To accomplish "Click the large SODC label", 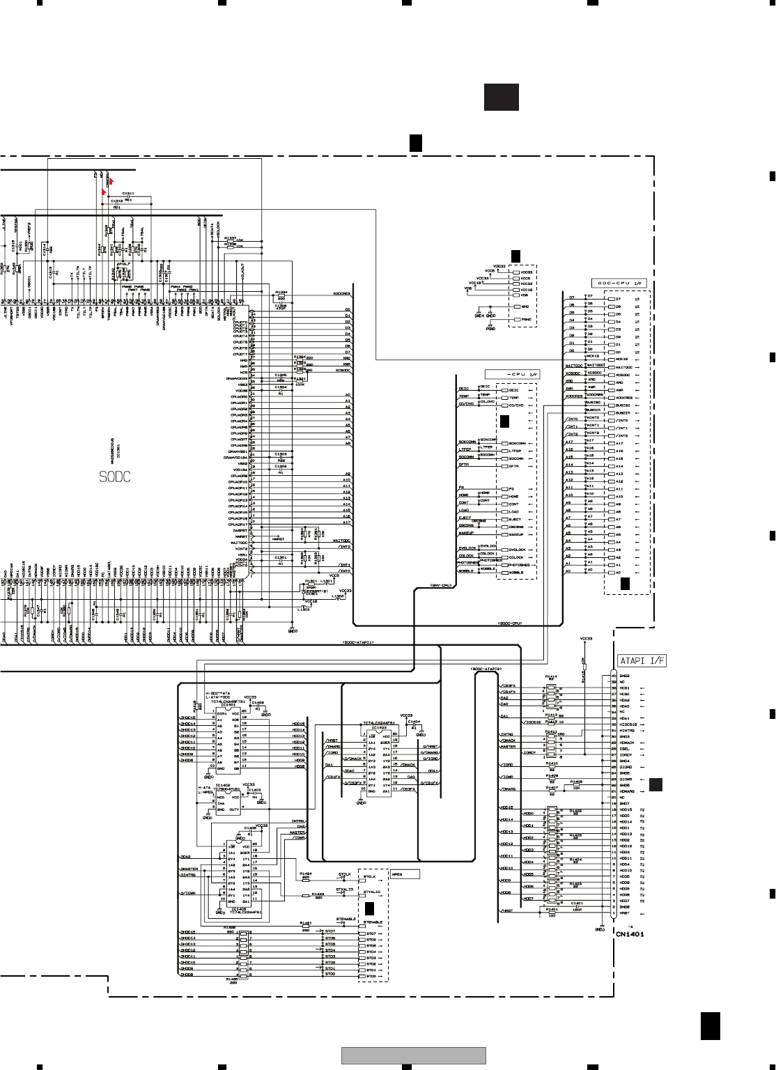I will pos(114,477).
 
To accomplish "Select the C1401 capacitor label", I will pos(576,904).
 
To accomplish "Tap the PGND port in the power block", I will pos(527,320).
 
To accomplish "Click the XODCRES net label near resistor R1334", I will pos(341,294).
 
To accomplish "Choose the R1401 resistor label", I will pos(552,909).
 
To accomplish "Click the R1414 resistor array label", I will pos(552,676).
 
